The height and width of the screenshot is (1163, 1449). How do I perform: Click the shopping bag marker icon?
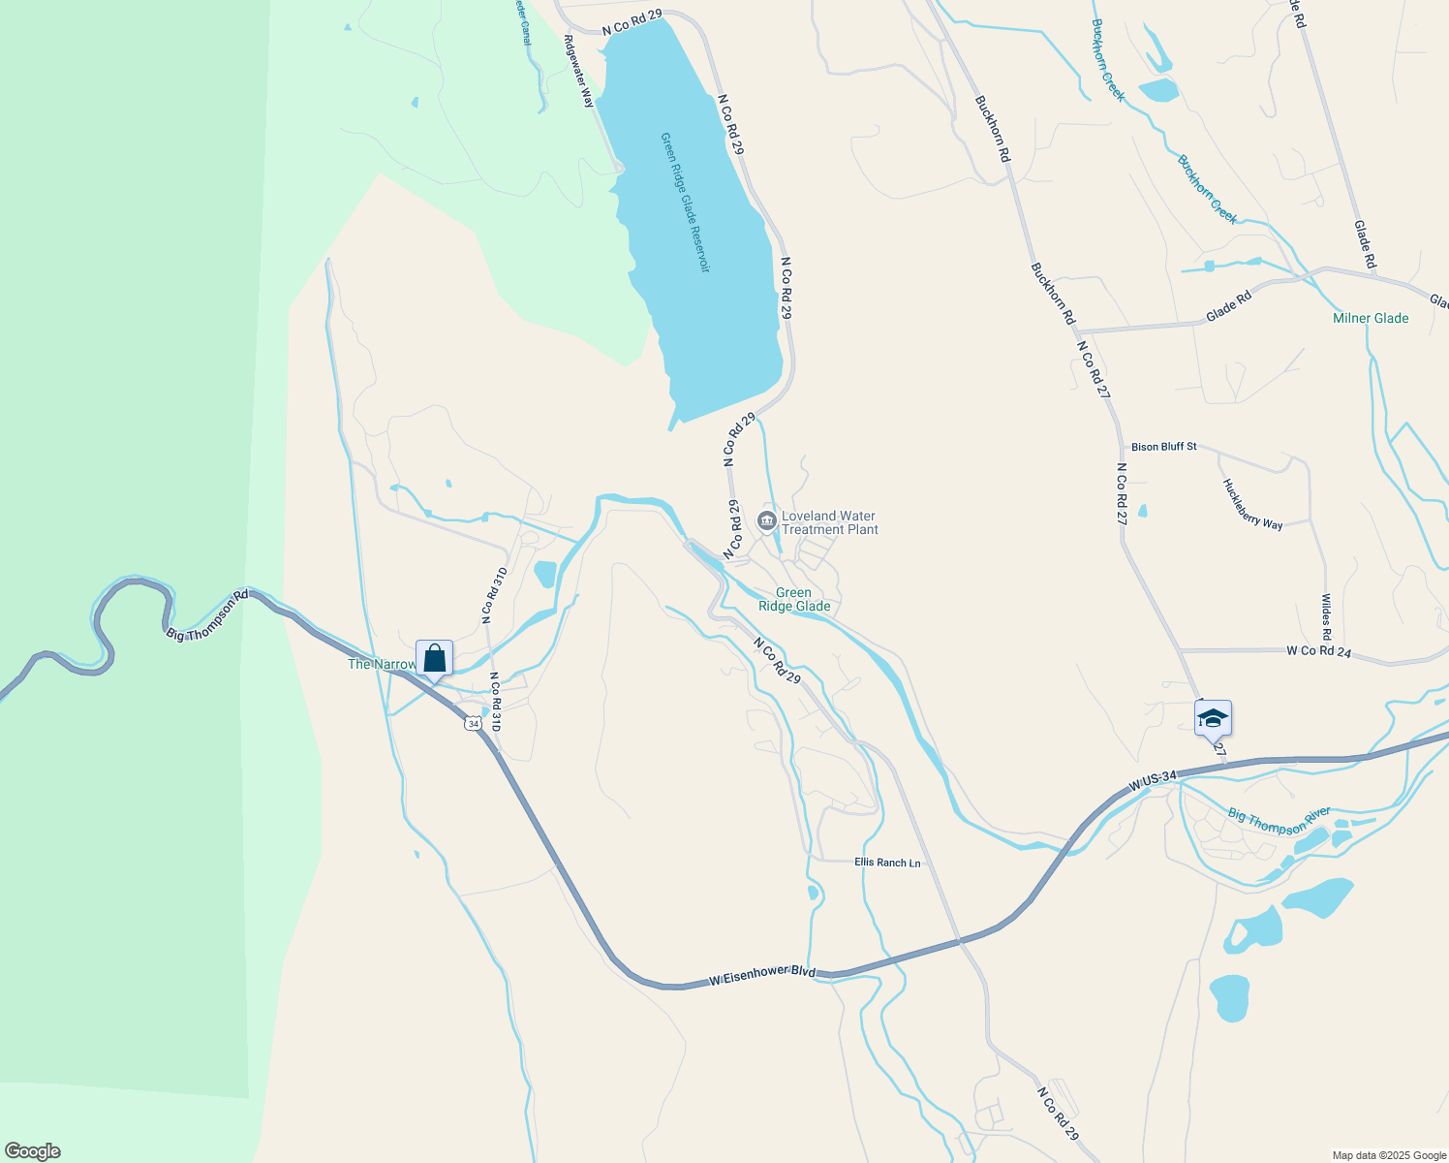435,659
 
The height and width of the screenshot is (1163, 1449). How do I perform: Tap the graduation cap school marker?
1213,719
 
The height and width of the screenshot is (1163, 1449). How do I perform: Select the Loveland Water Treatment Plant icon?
767,521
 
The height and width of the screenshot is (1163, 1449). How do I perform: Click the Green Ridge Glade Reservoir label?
686,203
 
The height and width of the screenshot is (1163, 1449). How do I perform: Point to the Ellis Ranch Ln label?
887,863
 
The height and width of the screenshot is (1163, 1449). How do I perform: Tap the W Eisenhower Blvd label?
761,976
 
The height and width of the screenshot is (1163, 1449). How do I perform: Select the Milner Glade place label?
1371,318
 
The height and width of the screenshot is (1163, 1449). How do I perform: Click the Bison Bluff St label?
1164,447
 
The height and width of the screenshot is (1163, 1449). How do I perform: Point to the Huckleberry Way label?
1252,504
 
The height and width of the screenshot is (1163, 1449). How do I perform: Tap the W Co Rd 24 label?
1318,652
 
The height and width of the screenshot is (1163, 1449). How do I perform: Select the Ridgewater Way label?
579,71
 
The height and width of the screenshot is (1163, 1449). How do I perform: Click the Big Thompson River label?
1279,820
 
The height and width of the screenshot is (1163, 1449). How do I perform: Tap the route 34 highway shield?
472,723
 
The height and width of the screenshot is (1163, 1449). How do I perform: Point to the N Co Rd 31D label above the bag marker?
494,596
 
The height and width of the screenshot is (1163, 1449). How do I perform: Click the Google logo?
33,1151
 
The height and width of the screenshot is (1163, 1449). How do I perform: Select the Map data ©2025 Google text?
1389,1155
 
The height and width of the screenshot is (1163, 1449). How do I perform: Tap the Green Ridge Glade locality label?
794,599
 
